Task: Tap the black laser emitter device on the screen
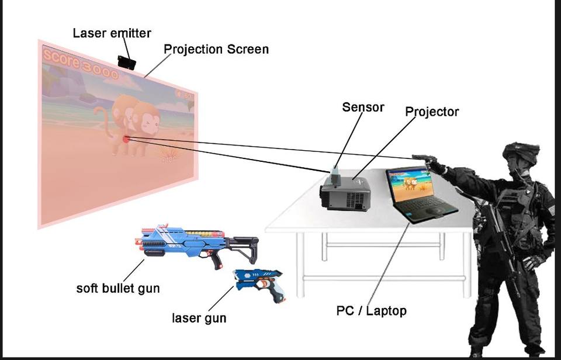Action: tap(126, 62)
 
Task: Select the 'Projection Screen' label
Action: tap(216, 49)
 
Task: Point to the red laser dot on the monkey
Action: tap(126, 139)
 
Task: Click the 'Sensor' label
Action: tap(363, 107)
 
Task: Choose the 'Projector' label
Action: tap(432, 111)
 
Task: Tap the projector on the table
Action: tap(346, 193)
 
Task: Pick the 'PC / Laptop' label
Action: tap(371, 311)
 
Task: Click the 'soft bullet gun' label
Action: tap(118, 288)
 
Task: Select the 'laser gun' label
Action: tap(199, 319)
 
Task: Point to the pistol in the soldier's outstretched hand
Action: tap(423, 158)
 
